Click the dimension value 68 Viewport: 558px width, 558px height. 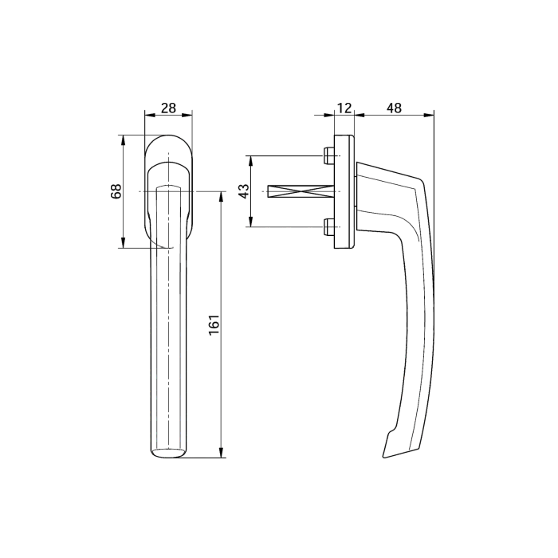pos(116,191)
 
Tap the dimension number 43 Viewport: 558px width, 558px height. pos(245,191)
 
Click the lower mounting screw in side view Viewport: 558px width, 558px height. pos(329,229)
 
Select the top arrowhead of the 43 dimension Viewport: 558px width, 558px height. pos(251,158)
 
